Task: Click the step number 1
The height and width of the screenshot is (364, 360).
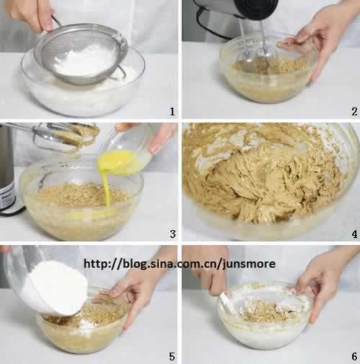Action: [x=172, y=112]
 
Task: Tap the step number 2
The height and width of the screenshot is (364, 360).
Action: [x=354, y=112]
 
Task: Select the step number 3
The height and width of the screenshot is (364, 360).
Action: [x=173, y=234]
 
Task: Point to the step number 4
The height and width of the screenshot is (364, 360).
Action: [x=354, y=234]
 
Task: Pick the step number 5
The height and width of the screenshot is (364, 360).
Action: [x=172, y=357]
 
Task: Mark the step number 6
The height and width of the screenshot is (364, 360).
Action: [x=354, y=357]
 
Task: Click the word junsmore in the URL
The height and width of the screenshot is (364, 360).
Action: [x=248, y=265]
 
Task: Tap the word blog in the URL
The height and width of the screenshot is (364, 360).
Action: [x=134, y=264]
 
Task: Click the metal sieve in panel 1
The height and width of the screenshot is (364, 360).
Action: [x=81, y=53]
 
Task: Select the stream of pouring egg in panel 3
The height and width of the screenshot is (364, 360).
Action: [x=106, y=187]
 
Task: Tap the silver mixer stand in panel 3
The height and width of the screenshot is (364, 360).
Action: [x=7, y=168]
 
